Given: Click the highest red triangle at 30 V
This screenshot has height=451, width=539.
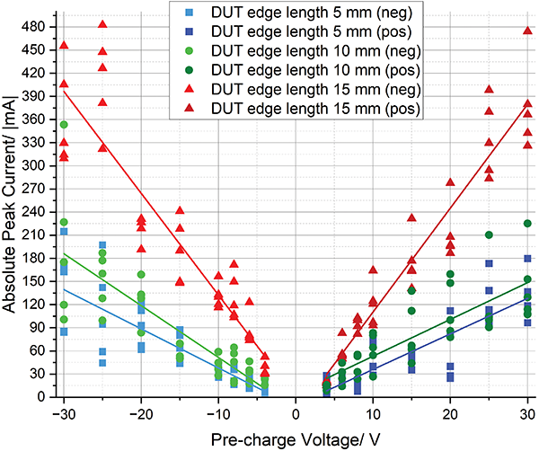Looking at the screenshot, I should (527, 31).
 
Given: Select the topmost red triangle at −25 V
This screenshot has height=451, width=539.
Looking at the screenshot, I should (102, 24).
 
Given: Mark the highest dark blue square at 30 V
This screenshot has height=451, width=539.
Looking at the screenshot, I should (527, 258).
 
